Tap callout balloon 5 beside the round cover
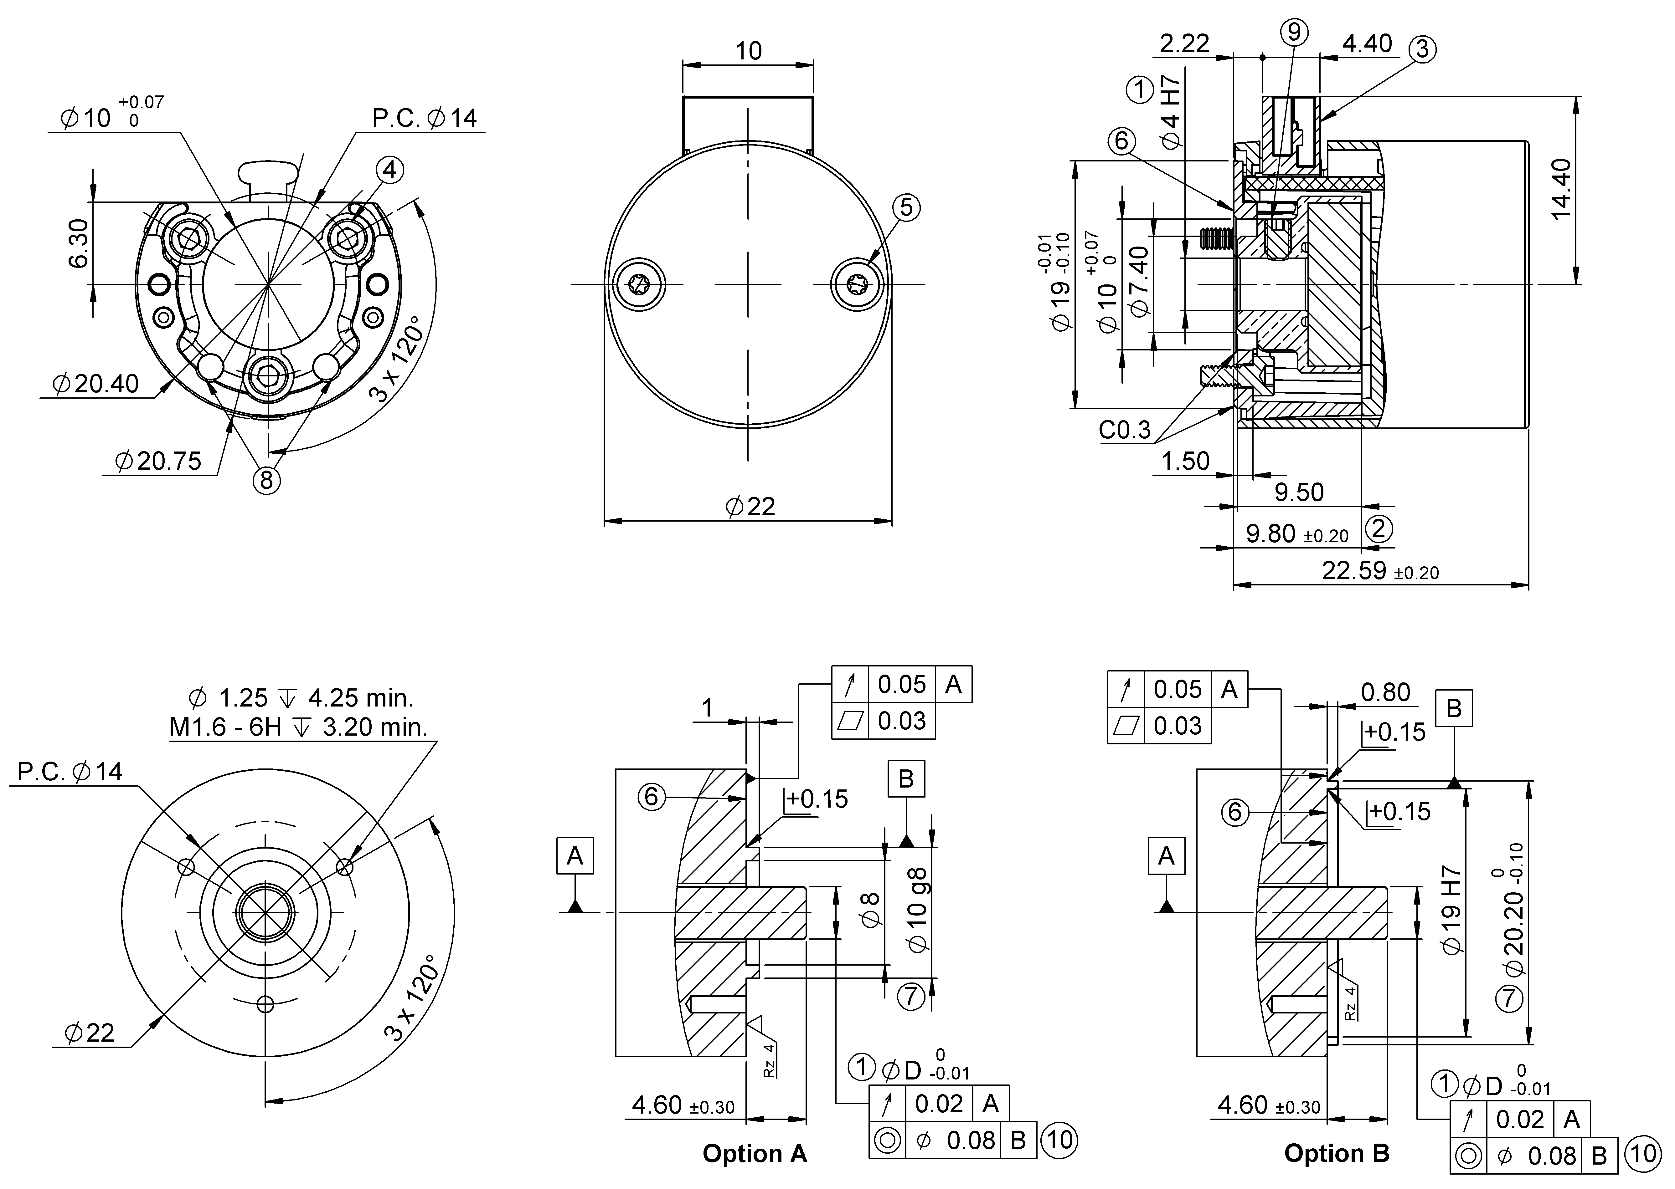906,208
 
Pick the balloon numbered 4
390,170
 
